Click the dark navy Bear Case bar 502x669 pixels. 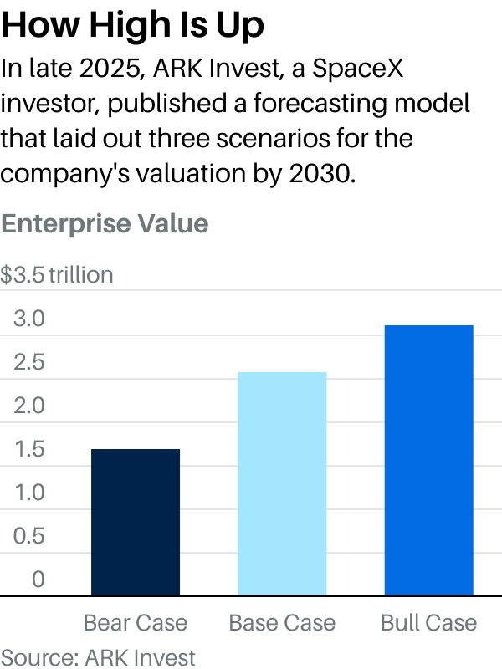(x=135, y=522)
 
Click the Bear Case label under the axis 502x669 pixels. (x=136, y=623)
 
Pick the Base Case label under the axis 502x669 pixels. (x=282, y=623)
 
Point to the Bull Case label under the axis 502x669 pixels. (x=428, y=623)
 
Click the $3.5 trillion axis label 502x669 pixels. (x=57, y=275)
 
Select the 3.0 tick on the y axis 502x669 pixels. (x=28, y=319)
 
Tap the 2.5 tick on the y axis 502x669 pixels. (x=28, y=362)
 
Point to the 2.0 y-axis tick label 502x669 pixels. (x=28, y=406)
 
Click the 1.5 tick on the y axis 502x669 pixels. (x=28, y=449)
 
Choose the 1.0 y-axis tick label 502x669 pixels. (x=28, y=493)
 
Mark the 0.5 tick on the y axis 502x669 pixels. (x=28, y=536)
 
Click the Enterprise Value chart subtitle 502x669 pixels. (x=105, y=224)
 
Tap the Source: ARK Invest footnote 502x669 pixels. (x=98, y=656)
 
